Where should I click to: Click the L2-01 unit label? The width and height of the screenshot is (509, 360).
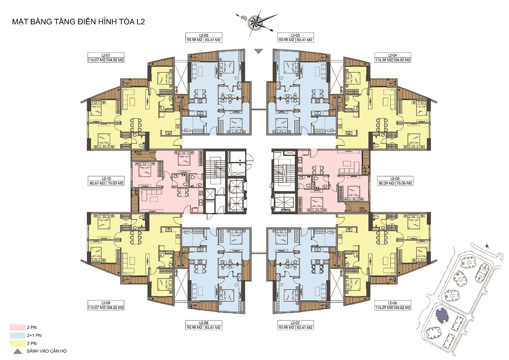[106, 55]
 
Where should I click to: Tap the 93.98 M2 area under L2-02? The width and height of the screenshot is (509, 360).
[194, 40]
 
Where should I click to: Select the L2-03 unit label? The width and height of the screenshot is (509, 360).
[295, 35]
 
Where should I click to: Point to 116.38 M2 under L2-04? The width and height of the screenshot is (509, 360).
[384, 60]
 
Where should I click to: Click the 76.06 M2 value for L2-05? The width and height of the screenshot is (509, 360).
[404, 183]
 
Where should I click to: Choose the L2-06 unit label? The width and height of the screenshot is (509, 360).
[393, 303]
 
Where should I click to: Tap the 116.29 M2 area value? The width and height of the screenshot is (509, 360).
[384, 307]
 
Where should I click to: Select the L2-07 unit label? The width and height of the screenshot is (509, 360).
[295, 323]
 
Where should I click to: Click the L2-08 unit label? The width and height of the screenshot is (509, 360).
[204, 323]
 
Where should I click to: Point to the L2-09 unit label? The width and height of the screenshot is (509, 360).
[106, 303]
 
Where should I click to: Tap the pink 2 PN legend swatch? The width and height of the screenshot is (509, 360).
[17, 327]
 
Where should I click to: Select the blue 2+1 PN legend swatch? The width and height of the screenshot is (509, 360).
[17, 335]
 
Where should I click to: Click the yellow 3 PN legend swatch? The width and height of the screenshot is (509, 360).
[17, 343]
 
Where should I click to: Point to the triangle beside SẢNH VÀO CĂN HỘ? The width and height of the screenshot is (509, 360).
[17, 352]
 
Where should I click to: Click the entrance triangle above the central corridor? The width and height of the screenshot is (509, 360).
[259, 51]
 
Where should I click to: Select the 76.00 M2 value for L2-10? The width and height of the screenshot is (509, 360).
[115, 183]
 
